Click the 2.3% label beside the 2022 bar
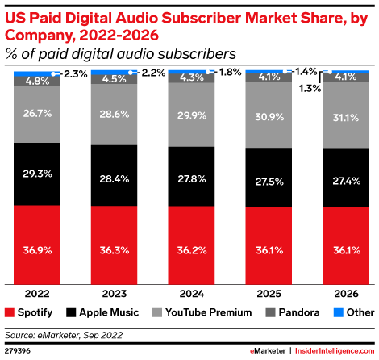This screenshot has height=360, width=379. (73, 73)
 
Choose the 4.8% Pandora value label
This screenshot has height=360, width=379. (36, 81)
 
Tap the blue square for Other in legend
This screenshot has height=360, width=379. (330, 311)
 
